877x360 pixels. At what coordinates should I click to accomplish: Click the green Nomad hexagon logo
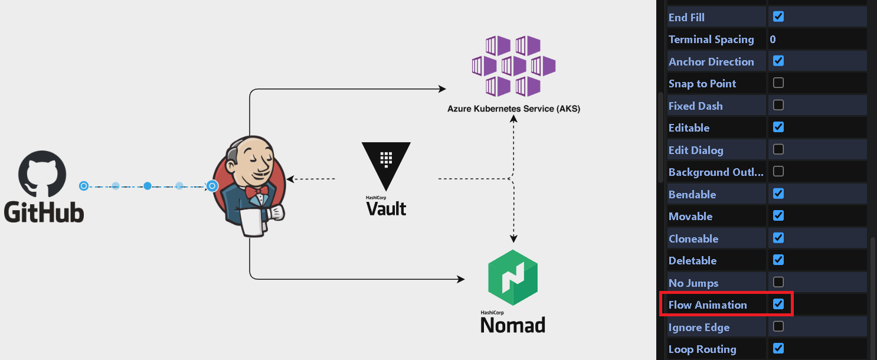coord(513,277)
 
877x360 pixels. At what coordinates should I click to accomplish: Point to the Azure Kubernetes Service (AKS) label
coord(513,109)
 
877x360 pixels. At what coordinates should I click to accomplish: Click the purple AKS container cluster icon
coord(513,66)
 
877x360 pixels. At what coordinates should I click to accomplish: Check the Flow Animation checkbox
coord(778,305)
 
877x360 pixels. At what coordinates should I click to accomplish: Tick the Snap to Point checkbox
coord(778,83)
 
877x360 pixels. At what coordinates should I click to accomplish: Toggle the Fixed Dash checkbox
coord(778,105)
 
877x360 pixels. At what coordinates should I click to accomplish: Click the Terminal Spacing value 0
coord(773,40)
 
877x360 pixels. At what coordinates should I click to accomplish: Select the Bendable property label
coord(692,194)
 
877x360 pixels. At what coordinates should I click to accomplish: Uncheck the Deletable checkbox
coord(778,260)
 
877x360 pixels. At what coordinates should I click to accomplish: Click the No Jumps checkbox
coord(778,282)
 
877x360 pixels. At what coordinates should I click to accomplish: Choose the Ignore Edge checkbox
coord(778,326)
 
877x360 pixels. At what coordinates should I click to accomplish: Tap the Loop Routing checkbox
coord(778,349)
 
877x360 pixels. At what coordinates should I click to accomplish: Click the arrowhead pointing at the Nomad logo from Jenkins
coord(461,279)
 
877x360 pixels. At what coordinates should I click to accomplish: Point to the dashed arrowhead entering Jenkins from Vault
coord(290,179)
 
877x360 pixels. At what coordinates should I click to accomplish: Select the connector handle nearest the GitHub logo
coord(84,186)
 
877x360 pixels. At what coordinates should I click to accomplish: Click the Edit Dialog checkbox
coord(778,149)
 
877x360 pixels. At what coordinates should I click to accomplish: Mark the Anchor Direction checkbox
coord(778,61)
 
